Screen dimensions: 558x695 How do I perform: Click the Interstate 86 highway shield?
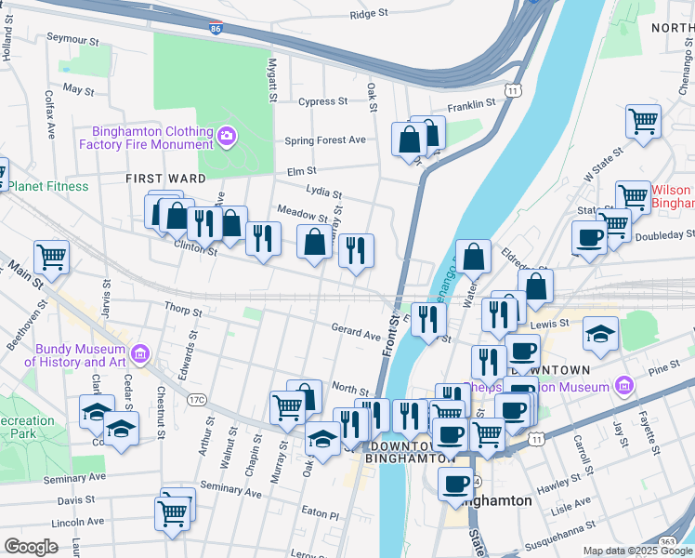point(216,30)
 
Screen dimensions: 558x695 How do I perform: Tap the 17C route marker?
point(196,399)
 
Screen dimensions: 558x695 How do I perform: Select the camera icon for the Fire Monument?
point(227,139)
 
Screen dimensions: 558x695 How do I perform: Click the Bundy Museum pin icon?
point(140,354)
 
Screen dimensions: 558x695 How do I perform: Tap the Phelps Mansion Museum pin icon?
point(623,385)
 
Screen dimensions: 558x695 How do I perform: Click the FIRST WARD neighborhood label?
point(166,178)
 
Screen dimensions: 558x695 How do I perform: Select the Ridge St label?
point(369,14)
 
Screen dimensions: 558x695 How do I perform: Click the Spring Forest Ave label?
point(325,140)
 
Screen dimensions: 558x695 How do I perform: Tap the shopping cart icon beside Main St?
point(51,256)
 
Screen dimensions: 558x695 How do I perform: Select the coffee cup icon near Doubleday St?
point(589,237)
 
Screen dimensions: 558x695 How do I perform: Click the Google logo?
point(31,547)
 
